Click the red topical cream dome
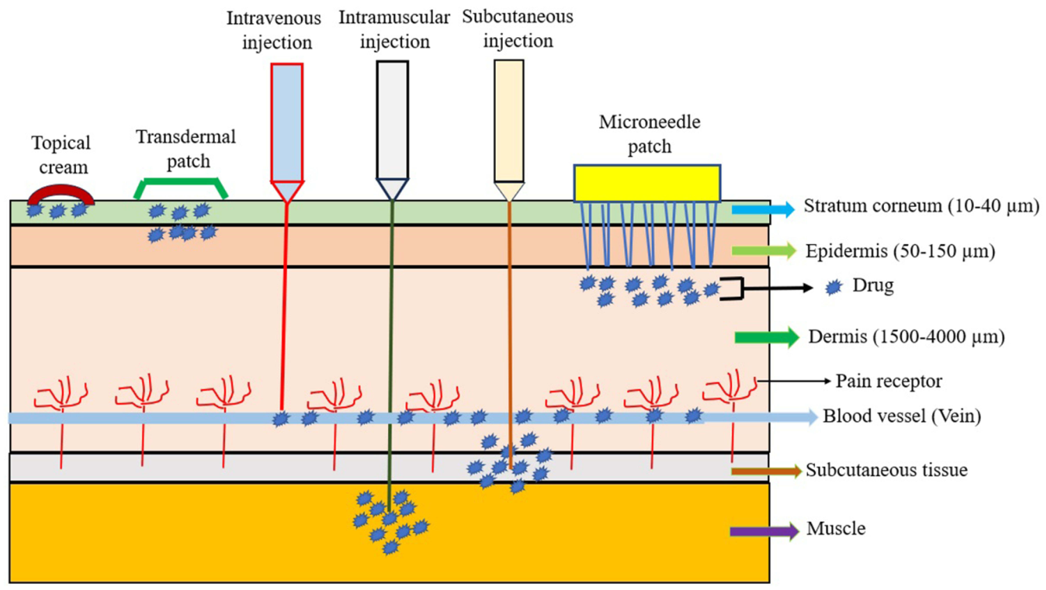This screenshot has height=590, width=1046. (60, 190)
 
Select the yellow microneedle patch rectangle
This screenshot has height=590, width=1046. (647, 183)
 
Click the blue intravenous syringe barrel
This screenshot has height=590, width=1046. (287, 121)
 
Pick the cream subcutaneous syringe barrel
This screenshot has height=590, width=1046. (509, 121)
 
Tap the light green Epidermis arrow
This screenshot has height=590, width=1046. (763, 251)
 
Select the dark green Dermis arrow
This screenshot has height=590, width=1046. (766, 337)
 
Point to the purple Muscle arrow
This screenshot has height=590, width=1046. (763, 530)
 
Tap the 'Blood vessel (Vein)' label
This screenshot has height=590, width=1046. (902, 417)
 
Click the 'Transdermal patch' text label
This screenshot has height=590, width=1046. (185, 147)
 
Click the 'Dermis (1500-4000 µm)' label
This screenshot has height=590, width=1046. (906, 337)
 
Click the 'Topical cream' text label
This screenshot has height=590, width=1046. (61, 154)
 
